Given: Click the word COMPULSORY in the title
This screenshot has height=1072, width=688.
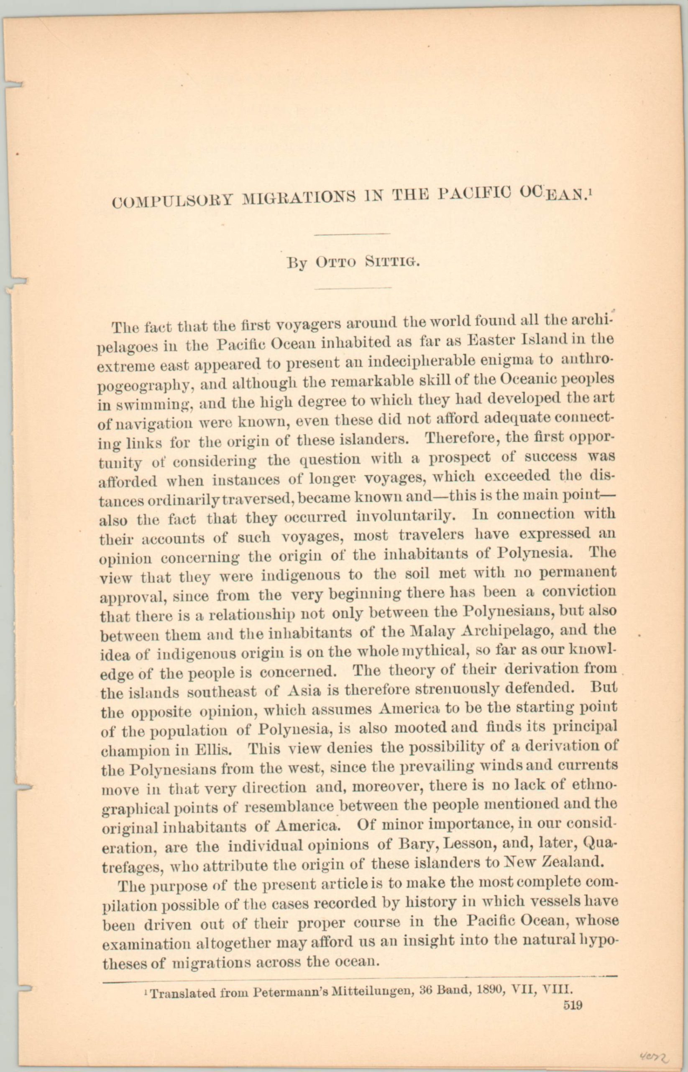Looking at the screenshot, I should click(x=172, y=200).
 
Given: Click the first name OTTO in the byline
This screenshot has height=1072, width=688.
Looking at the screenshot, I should click(x=336, y=263).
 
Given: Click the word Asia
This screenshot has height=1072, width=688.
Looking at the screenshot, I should click(x=304, y=691).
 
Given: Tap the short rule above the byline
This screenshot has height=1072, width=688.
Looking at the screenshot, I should click(x=352, y=233).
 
